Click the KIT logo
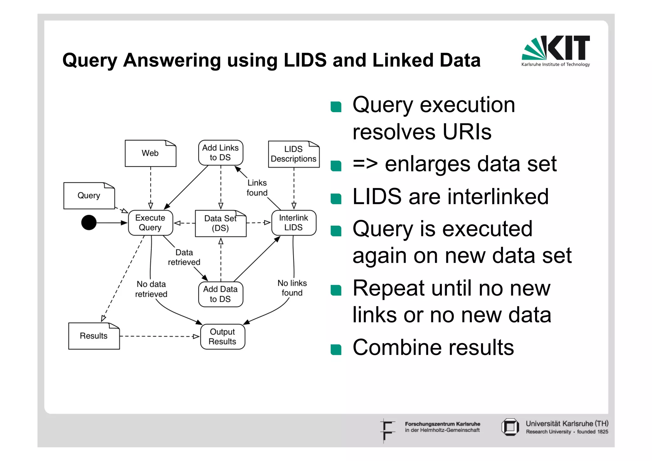click(556, 50)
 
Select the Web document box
click(150, 153)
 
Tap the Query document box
click(89, 196)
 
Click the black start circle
click(89, 222)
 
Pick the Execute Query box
click(150, 223)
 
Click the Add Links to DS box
click(220, 153)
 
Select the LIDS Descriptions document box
click(294, 154)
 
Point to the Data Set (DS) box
click(220, 223)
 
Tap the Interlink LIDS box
click(294, 223)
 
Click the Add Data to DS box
click(220, 294)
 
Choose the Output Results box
click(223, 337)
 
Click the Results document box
click(94, 336)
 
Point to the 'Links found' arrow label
click(257, 188)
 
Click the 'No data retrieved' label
click(151, 289)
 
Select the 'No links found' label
click(292, 288)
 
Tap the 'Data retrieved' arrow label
click(184, 257)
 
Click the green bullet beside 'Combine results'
click(336, 349)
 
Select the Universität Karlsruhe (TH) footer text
click(567, 424)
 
